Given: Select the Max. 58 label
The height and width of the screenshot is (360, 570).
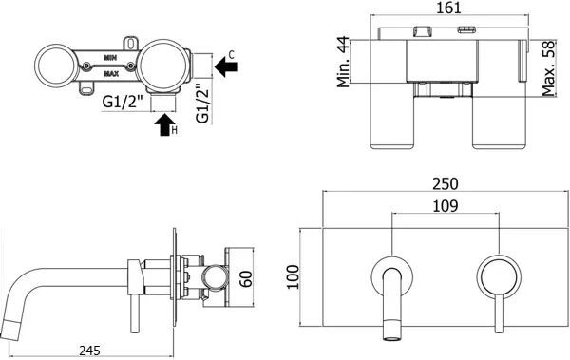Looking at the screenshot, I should click(x=545, y=67).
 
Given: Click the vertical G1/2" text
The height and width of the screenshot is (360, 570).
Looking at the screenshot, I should click(x=199, y=104).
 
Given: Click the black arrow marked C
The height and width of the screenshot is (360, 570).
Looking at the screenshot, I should click(x=226, y=67).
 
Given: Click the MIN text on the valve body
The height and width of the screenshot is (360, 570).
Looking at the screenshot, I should click(x=112, y=57).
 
